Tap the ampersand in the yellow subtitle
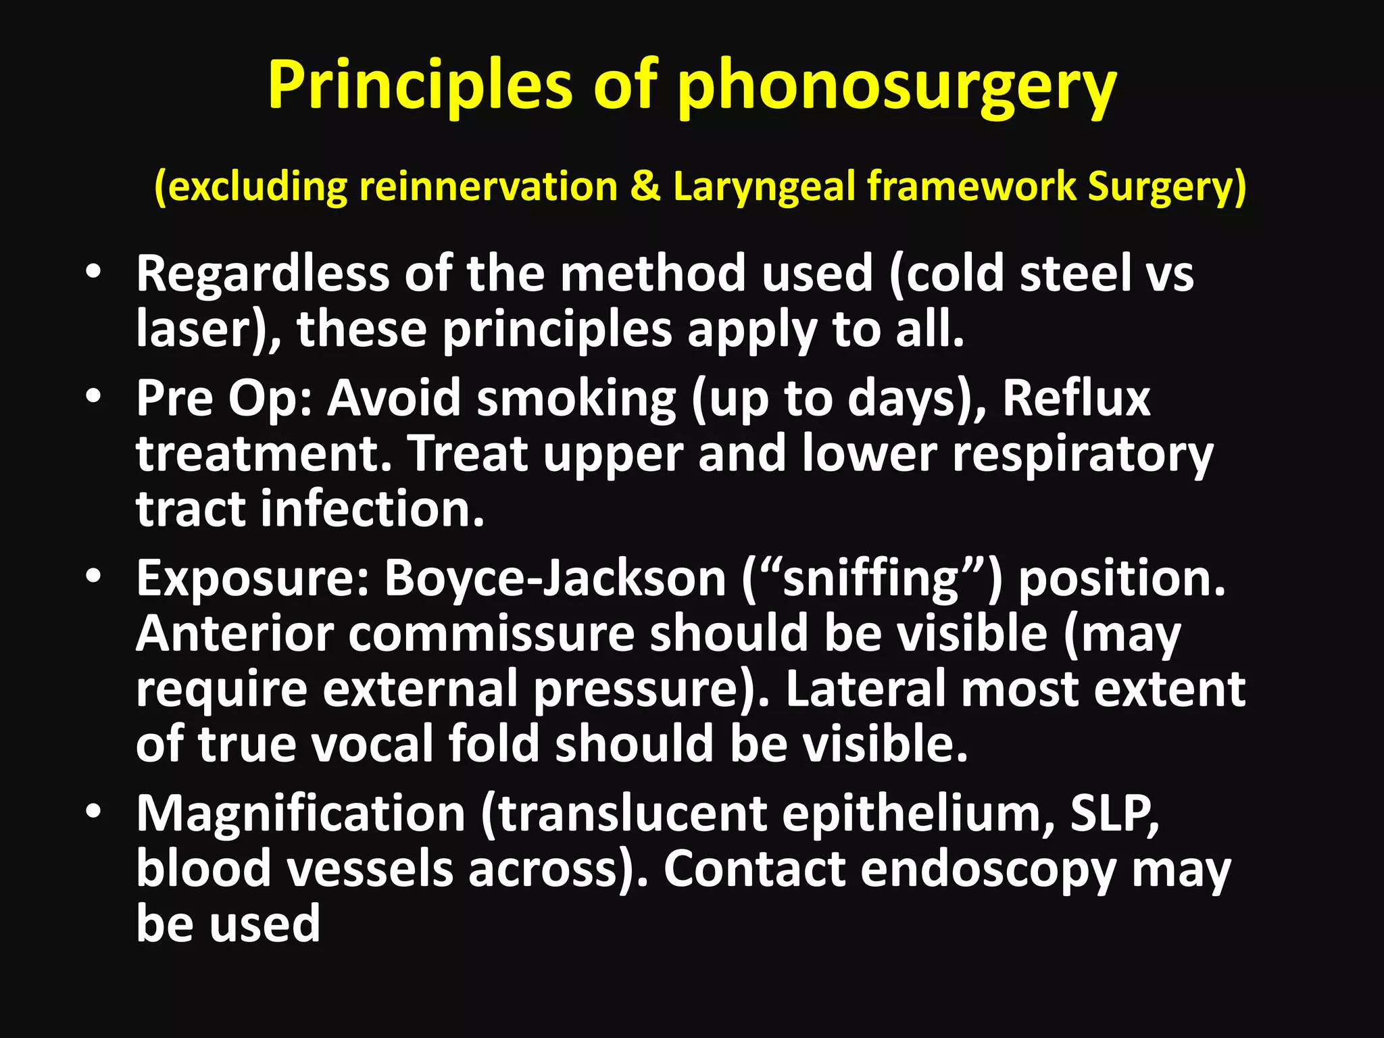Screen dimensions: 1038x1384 coord(645,187)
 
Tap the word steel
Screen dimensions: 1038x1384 coord(1075,274)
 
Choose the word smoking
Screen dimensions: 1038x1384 coord(576,399)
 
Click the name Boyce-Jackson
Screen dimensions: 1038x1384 coord(555,578)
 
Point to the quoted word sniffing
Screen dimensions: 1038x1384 coord(871,580)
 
